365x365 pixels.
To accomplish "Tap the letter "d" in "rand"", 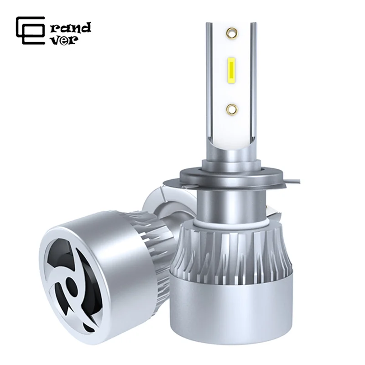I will (86, 27).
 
